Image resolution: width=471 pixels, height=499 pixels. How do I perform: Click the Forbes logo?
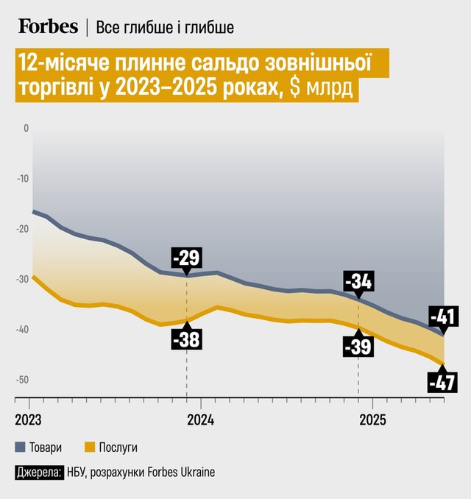(48, 27)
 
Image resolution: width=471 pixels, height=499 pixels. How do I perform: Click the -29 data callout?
(186, 259)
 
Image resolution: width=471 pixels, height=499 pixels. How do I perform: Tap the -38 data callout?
(186, 339)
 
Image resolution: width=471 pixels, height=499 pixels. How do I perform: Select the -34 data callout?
(359, 281)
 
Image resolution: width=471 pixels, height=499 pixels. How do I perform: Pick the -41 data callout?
(443, 317)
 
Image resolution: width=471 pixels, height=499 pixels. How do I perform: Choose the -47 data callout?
(443, 382)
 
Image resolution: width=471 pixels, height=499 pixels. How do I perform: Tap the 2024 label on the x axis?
(200, 420)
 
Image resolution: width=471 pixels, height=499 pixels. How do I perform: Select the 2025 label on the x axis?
(372, 420)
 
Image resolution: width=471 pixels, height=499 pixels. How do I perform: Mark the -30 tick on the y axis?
(22, 279)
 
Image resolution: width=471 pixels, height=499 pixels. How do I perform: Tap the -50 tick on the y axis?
(22, 380)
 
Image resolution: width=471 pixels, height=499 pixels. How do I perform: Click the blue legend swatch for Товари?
(19, 447)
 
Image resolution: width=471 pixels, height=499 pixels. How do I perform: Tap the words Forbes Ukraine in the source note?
(182, 472)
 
